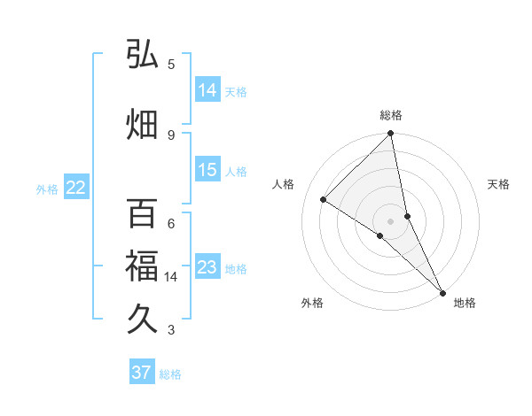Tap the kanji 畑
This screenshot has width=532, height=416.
(x=142, y=124)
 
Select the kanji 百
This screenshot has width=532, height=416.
(x=142, y=214)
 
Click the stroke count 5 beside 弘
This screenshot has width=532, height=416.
(x=171, y=65)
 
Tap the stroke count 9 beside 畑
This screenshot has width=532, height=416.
(x=171, y=135)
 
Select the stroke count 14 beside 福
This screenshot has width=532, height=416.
(x=171, y=277)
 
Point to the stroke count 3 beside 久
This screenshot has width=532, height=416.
(x=171, y=330)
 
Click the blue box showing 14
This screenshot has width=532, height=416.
(x=207, y=90)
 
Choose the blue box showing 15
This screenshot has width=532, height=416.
(x=207, y=170)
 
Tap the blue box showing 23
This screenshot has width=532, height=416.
(x=207, y=267)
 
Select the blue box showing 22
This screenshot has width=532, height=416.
(x=76, y=188)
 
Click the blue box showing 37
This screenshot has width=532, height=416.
(x=142, y=373)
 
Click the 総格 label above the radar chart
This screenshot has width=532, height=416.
(x=391, y=115)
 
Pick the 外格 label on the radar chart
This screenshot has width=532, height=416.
(x=312, y=304)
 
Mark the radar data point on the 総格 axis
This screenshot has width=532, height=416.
(x=391, y=135)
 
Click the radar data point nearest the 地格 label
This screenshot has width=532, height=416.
(x=442, y=291)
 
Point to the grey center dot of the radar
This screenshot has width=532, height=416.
(x=391, y=220)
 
